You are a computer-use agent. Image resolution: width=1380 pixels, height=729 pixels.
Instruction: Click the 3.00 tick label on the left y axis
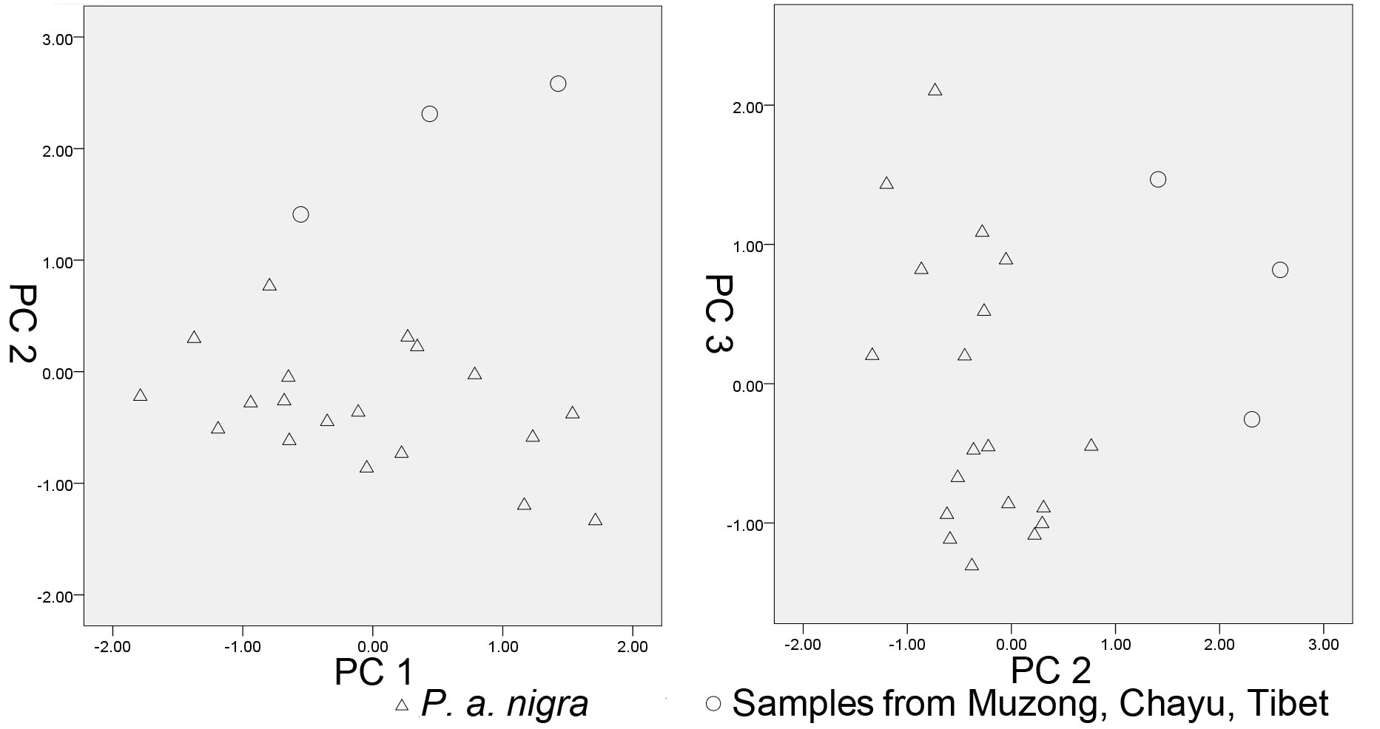click(58, 38)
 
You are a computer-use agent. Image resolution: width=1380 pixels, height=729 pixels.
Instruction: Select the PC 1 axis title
click(373, 672)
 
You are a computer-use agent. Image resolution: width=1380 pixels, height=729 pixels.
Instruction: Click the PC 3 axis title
click(717, 313)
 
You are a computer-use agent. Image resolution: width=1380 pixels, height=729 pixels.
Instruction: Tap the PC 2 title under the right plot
click(1051, 671)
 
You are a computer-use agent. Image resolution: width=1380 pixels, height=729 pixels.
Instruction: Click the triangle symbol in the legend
click(402, 705)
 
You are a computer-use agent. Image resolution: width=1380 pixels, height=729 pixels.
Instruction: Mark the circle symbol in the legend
click(713, 703)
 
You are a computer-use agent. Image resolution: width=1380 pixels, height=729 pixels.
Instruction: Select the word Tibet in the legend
click(1288, 702)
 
